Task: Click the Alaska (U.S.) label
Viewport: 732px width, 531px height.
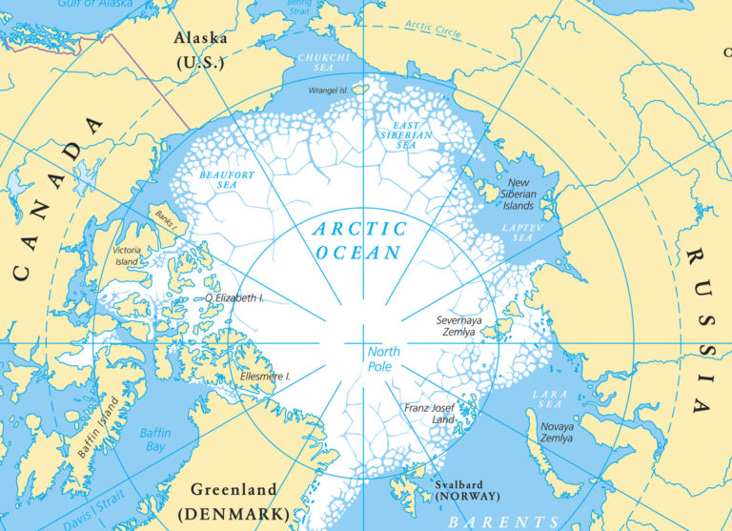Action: tap(199, 49)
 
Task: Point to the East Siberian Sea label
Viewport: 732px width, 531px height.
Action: tap(409, 135)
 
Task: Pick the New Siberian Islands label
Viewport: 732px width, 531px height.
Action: tap(531, 194)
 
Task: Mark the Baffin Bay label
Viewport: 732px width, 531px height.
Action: tap(154, 439)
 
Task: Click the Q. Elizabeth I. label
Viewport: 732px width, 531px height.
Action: tap(234, 298)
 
